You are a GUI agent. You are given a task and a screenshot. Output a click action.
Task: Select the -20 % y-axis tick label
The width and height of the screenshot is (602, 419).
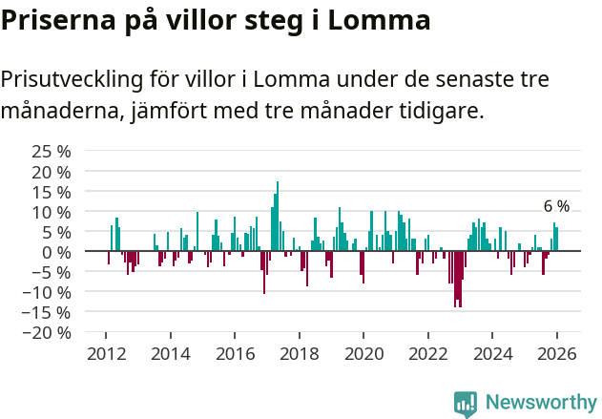pos(47,332)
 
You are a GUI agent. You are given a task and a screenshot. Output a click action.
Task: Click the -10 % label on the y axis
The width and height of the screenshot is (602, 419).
pos(47,292)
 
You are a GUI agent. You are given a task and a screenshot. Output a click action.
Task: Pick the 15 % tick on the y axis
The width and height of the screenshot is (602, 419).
pos(52,191)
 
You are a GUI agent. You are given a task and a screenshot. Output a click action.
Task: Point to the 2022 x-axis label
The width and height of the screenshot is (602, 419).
pos(427,354)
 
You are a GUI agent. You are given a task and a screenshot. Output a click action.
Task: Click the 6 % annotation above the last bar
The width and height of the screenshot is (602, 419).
pos(556,206)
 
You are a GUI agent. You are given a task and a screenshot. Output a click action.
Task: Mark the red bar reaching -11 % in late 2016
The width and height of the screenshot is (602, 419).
pos(264,272)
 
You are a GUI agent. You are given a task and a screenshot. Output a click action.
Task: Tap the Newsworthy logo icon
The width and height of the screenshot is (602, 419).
pos(466,403)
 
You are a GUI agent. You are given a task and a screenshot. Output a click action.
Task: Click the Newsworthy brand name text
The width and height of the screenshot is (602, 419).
pos(540,403)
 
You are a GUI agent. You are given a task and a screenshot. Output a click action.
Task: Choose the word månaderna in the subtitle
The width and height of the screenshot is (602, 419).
pos(57,111)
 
